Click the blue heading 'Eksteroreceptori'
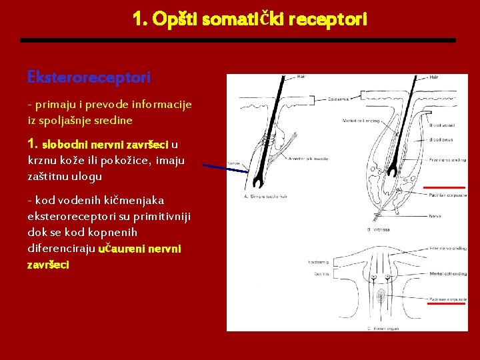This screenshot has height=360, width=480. click(89, 77)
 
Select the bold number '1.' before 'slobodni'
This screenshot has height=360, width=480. click(33, 143)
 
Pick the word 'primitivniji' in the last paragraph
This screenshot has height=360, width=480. click(151, 216)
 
